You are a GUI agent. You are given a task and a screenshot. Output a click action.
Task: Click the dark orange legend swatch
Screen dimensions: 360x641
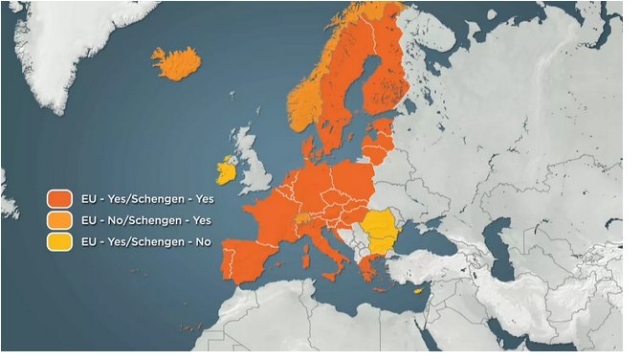click(61, 199)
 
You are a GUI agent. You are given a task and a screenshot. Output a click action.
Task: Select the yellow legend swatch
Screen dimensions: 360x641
click(61, 242)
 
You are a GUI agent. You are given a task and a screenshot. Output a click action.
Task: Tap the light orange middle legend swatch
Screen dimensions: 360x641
click(61, 221)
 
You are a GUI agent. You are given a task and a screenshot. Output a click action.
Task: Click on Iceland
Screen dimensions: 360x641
click(177, 63)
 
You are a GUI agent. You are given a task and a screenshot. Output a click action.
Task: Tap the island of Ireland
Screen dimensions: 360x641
click(228, 171)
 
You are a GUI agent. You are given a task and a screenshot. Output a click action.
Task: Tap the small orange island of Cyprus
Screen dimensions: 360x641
click(415, 291)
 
